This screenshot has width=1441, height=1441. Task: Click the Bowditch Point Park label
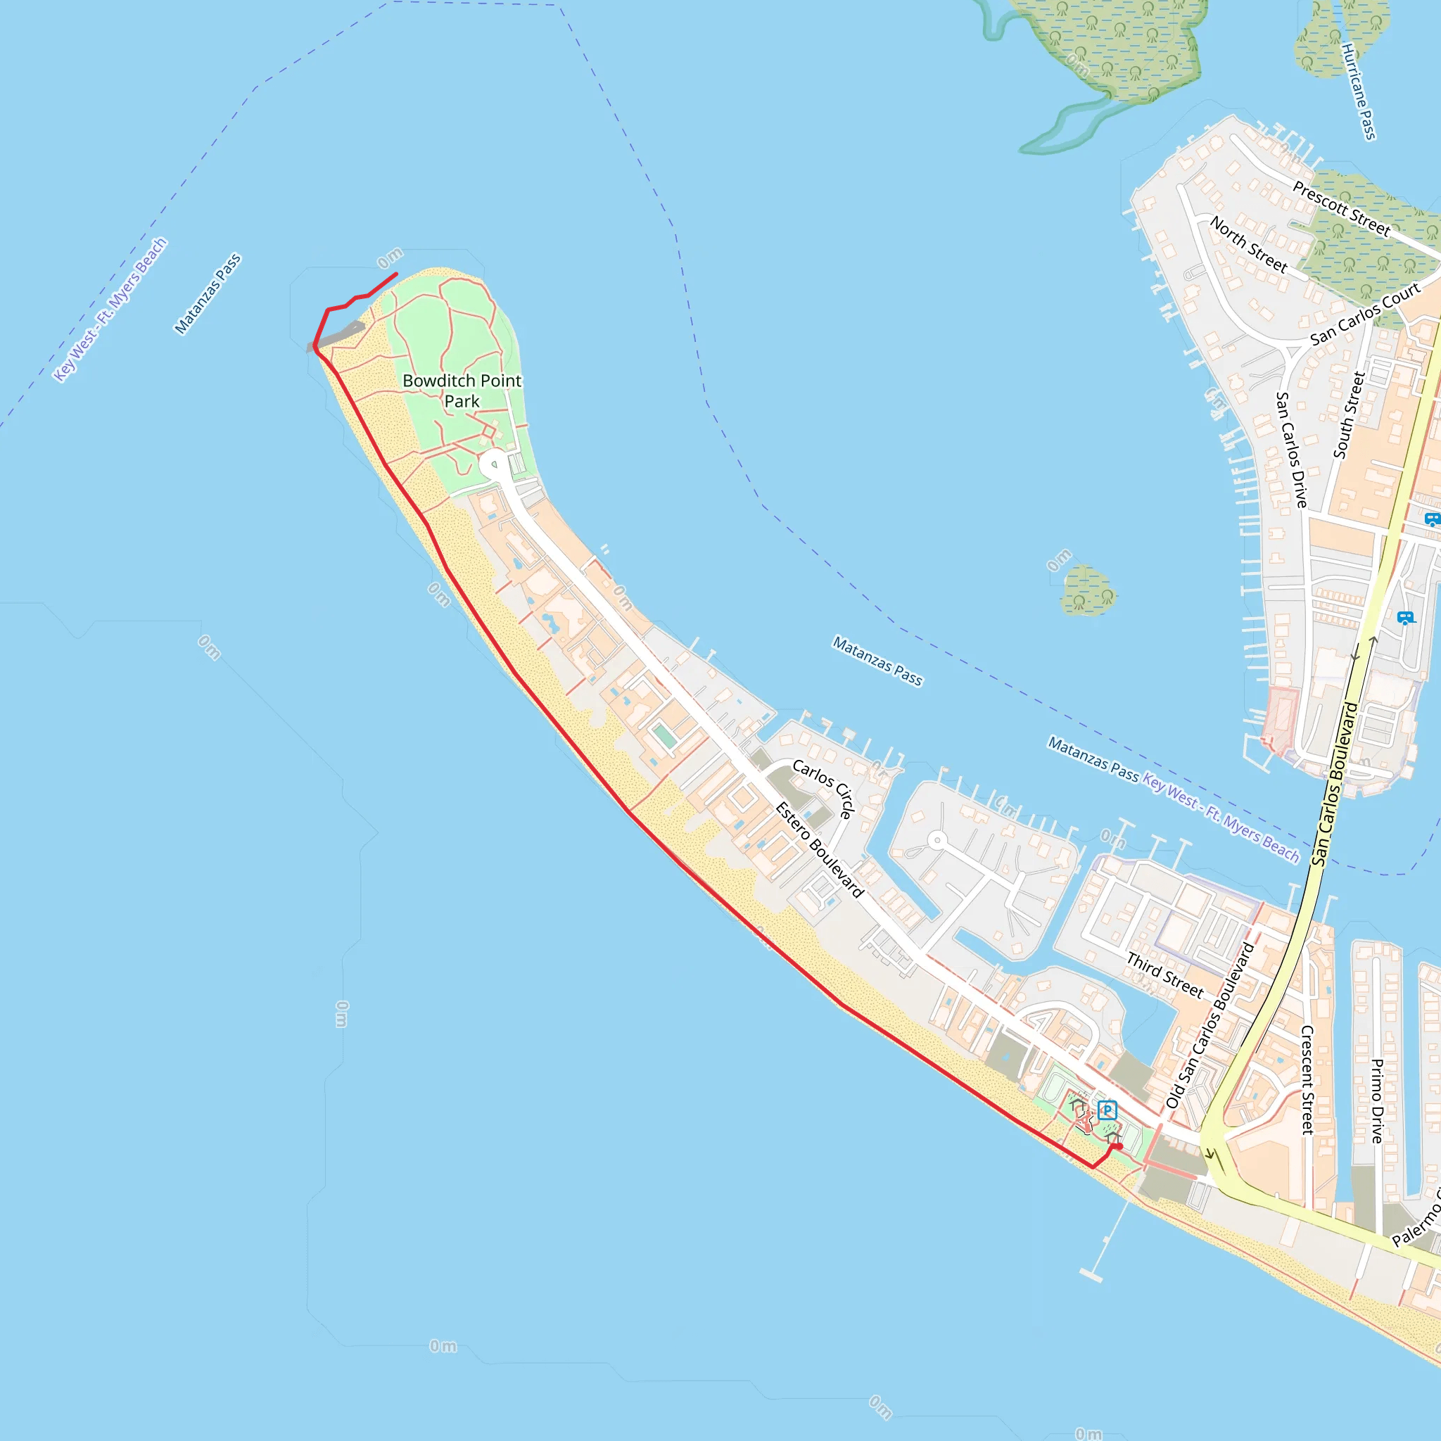pos(462,391)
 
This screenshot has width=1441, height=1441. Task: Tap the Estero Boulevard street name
pos(819,849)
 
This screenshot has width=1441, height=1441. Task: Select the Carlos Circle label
pos(823,788)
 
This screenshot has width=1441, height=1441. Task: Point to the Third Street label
pos(1165,975)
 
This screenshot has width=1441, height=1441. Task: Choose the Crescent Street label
pos(1307,1080)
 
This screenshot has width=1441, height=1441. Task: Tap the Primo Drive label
pos(1378,1101)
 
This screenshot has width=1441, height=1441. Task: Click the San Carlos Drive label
pos(1291,450)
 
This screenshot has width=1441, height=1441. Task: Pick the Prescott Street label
pos(1341,209)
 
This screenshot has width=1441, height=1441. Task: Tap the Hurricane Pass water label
pos(1359,91)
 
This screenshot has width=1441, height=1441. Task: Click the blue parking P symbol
pos(1107,1110)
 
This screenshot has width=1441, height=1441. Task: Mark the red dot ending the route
pos(1119,1146)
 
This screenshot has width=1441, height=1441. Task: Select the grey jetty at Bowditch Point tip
pos(337,336)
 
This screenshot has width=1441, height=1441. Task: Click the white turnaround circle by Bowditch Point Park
pos(493,464)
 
